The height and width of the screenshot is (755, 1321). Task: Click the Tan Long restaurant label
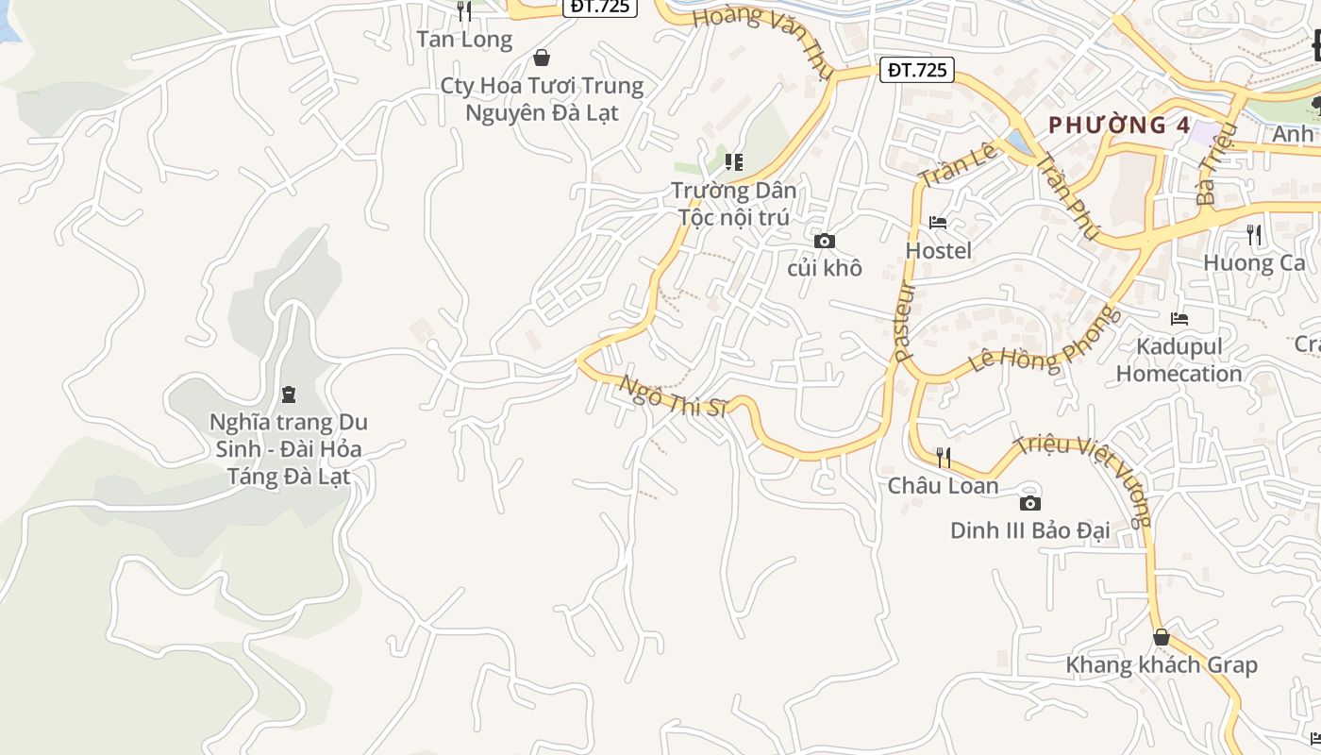(x=464, y=40)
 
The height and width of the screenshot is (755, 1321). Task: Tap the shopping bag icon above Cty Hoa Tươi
(x=542, y=58)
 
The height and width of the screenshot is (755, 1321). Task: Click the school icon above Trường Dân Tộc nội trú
(x=734, y=162)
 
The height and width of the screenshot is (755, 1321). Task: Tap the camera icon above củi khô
(x=824, y=242)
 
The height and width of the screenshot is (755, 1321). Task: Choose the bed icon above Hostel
(x=938, y=224)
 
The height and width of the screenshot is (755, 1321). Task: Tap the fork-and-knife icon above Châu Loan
(x=943, y=458)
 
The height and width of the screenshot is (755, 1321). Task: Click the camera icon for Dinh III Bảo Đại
(x=1030, y=503)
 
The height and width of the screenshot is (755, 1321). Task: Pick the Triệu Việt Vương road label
(x=1085, y=479)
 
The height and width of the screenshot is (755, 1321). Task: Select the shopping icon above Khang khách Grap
(x=1162, y=638)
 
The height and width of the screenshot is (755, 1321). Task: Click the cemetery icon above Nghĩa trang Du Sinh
(x=289, y=394)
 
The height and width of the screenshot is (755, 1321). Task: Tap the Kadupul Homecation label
(x=1179, y=360)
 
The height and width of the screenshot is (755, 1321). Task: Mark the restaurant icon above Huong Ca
(x=1254, y=235)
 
